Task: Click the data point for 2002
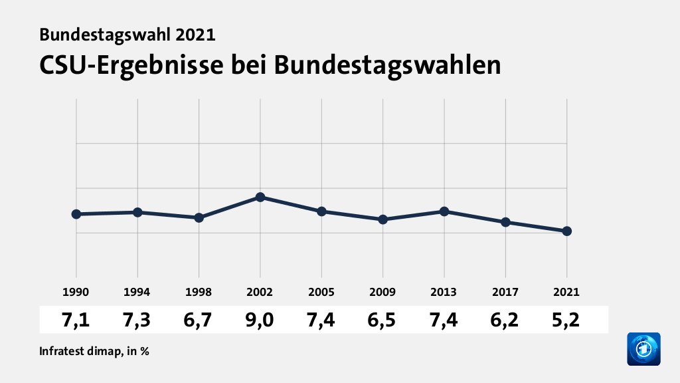point(260,197)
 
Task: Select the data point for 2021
point(566,231)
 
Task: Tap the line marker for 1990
point(76,214)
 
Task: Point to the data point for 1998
point(199,217)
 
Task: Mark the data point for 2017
point(505,222)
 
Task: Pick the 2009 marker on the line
point(382,219)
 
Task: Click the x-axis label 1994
point(137,292)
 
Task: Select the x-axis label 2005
point(321,292)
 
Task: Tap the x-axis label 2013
point(444,292)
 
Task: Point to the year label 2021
point(566,292)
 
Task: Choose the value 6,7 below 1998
point(199,320)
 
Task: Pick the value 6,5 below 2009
point(382,320)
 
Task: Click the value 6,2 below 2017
point(505,320)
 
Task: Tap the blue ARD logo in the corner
point(643,349)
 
